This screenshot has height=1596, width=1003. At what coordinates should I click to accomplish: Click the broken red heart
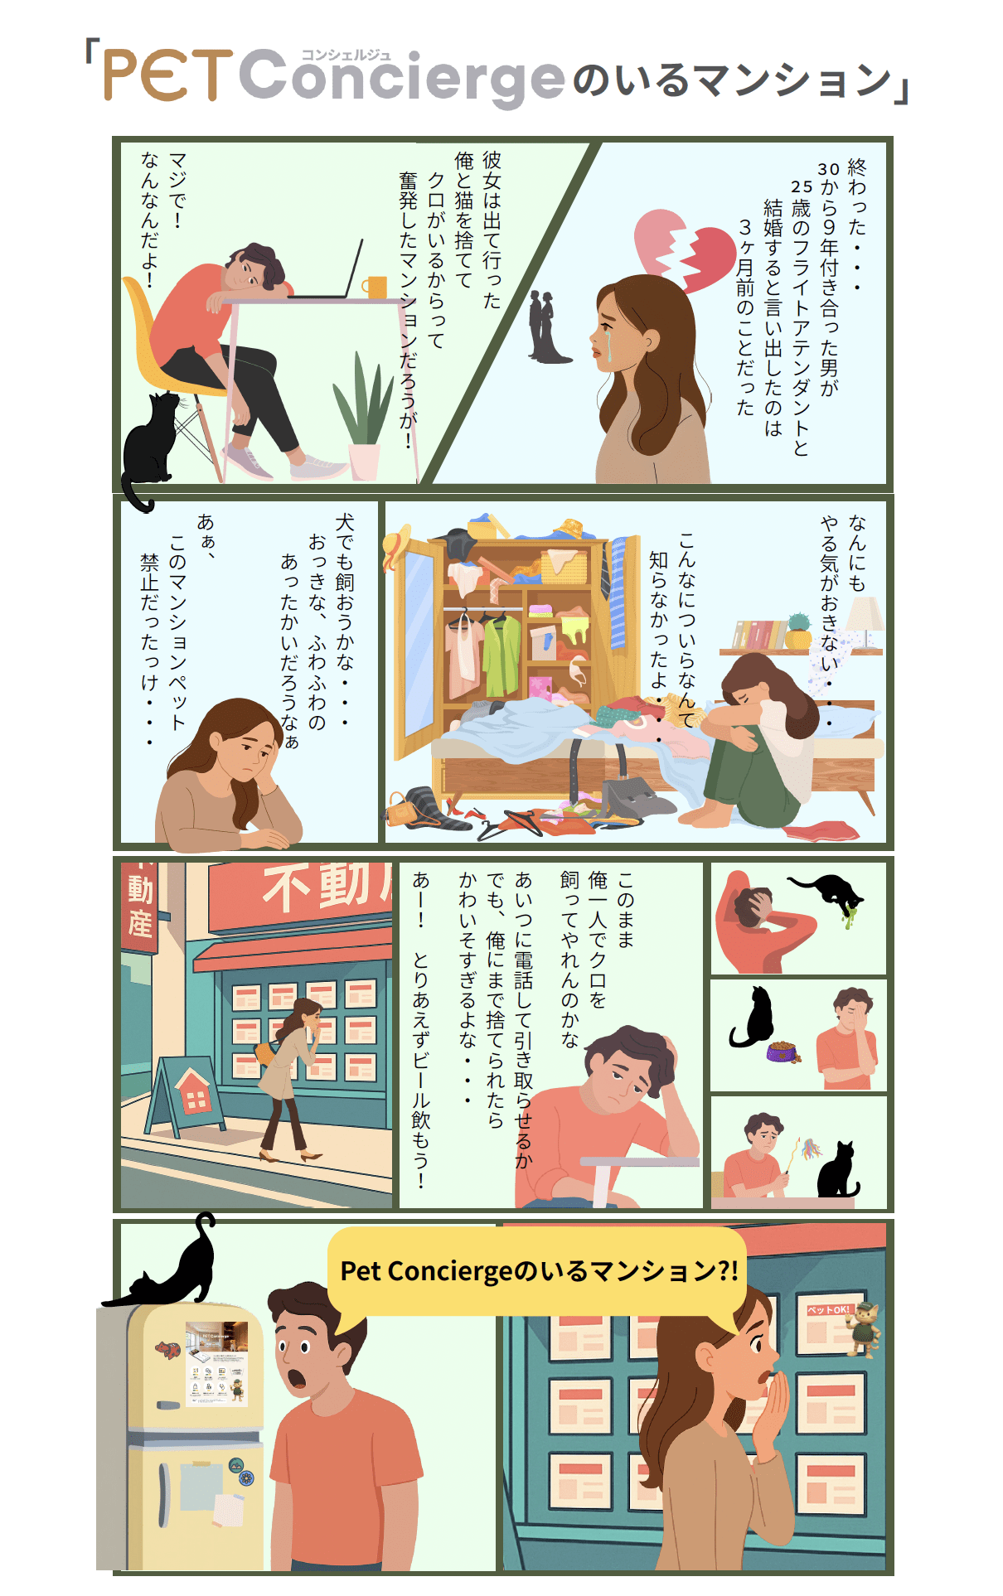tap(685, 249)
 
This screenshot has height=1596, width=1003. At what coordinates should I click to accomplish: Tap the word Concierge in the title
tap(403, 78)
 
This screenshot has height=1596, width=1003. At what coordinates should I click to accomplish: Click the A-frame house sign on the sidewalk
tap(186, 1094)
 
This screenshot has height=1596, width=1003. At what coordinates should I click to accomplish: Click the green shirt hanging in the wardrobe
tap(501, 655)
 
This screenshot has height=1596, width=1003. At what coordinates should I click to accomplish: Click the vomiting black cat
tap(829, 895)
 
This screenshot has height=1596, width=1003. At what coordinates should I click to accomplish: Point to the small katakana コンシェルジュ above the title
tap(346, 56)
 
